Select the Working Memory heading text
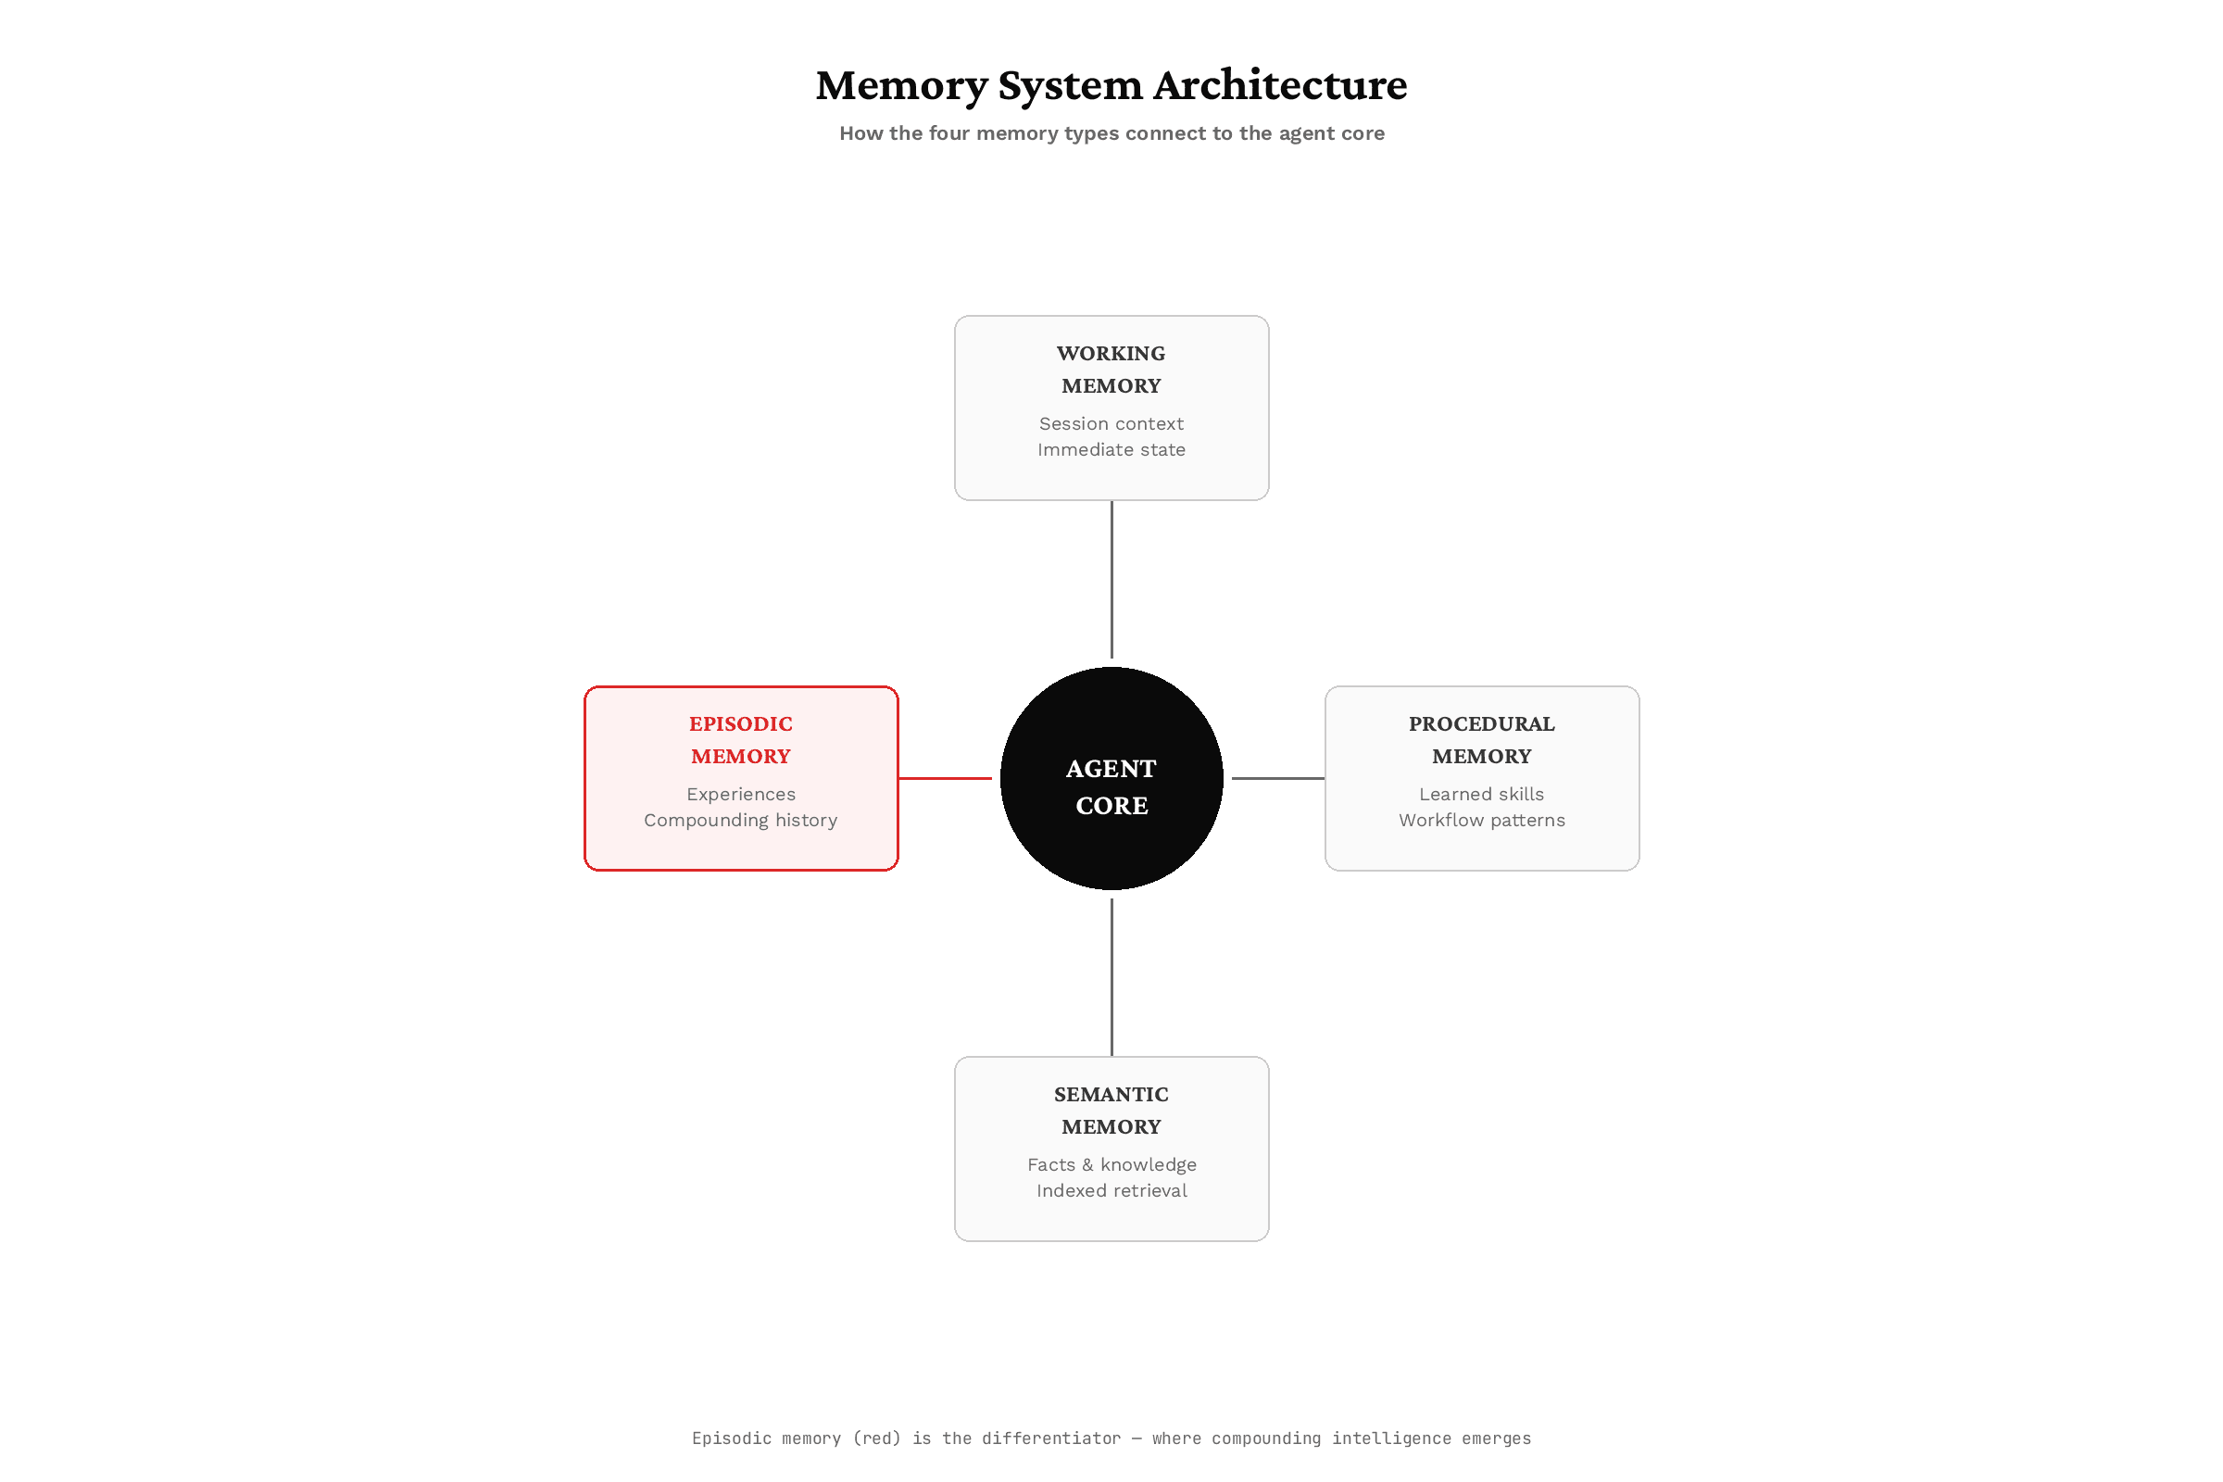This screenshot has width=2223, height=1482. (x=1111, y=370)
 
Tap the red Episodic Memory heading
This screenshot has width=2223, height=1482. (x=741, y=740)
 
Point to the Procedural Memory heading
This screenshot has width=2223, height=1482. (x=1482, y=740)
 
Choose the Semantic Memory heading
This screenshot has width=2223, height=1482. (x=1111, y=1111)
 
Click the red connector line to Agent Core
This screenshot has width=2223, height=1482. (x=945, y=779)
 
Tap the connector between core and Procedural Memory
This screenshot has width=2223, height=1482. (x=1278, y=779)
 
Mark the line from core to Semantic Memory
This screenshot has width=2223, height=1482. (x=1111, y=977)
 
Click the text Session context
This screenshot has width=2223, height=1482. (x=1111, y=424)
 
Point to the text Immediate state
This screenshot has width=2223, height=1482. (x=1111, y=450)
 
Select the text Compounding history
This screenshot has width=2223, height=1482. (x=741, y=821)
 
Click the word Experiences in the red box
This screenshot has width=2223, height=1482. (x=741, y=795)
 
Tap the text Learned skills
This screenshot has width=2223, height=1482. (x=1482, y=795)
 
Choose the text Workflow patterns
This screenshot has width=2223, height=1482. (x=1482, y=821)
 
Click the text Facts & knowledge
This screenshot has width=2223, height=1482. (x=1111, y=1165)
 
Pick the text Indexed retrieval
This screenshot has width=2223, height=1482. (x=1111, y=1191)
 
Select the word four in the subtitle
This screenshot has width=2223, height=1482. (x=948, y=133)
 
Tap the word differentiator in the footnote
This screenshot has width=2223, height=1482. (x=1051, y=1438)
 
